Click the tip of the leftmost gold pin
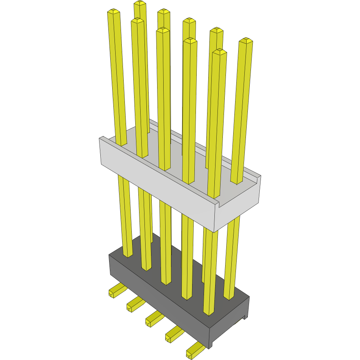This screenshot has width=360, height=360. point(114,12)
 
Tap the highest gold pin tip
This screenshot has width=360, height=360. point(140,3)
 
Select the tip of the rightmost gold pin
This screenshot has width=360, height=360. point(246,40)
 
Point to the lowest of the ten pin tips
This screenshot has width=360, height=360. point(219,51)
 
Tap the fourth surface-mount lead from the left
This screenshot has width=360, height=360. point(173,335)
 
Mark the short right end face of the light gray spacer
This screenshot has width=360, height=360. point(238,209)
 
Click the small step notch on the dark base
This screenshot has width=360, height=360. point(244,317)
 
